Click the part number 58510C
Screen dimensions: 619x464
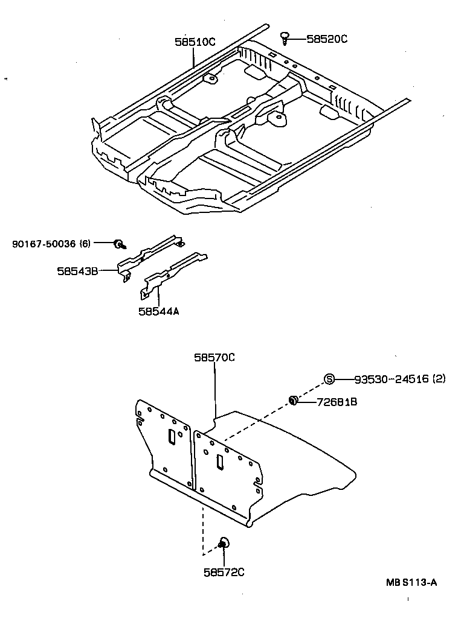[195, 42]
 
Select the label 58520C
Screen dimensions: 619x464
[327, 39]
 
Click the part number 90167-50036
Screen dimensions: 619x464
[43, 244]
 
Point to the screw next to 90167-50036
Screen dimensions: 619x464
[118, 244]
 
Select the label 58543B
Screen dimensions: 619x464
[77, 271]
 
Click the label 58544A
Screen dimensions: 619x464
[158, 311]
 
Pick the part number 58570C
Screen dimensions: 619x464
[214, 357]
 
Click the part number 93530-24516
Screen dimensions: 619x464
[391, 379]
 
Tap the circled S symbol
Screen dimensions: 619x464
[329, 379]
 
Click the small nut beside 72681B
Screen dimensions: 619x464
[293, 399]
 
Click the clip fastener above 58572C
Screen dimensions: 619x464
[222, 543]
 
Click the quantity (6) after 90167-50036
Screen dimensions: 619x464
[85, 244]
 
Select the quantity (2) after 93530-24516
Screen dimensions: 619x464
[439, 379]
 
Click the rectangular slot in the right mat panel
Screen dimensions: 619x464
[220, 462]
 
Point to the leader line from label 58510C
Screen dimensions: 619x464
[193, 58]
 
